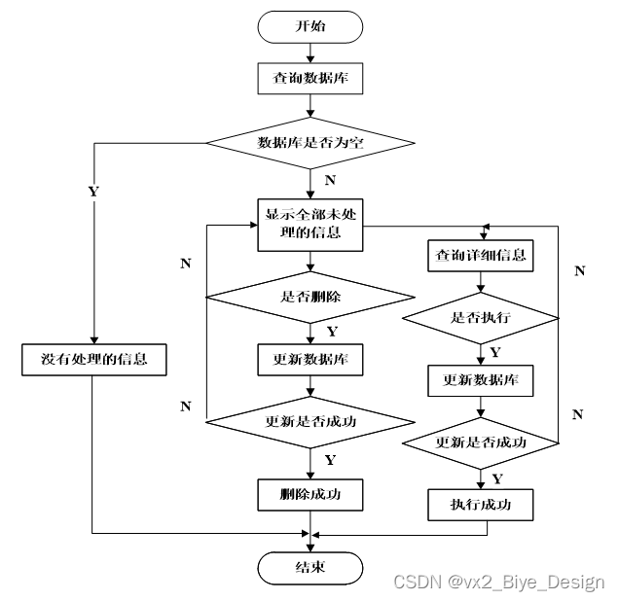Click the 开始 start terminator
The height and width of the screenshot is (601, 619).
(x=309, y=27)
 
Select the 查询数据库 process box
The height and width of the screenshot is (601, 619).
(x=309, y=79)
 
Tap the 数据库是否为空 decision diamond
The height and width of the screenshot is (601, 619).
(x=309, y=143)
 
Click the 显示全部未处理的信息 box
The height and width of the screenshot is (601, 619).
(x=309, y=224)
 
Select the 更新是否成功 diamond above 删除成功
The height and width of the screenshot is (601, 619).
(x=309, y=422)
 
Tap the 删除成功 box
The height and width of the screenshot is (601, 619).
(x=309, y=494)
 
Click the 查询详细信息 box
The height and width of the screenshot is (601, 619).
(x=481, y=256)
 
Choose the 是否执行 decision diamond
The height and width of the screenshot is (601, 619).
(x=481, y=317)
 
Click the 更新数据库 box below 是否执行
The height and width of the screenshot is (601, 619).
(x=481, y=380)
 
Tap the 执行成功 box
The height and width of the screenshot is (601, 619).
(x=481, y=505)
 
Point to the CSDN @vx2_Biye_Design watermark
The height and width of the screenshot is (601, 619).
(x=498, y=582)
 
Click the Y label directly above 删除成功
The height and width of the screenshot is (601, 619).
(x=330, y=459)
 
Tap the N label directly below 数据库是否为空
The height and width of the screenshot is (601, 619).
(x=330, y=180)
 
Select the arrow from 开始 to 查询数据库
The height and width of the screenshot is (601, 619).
(x=309, y=53)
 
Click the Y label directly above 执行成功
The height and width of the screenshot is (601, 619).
(x=497, y=478)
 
